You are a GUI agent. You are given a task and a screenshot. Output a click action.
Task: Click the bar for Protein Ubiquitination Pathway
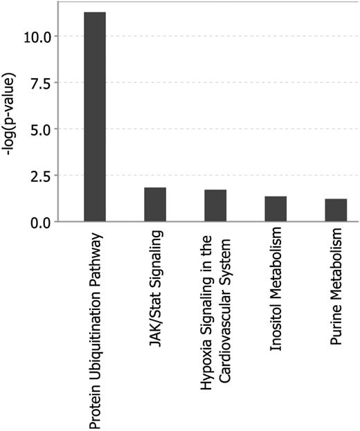pyautogui.click(x=95, y=118)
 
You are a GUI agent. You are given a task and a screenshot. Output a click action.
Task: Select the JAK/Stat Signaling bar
pyautogui.click(x=155, y=205)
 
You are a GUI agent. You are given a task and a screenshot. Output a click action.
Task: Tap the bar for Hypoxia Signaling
pyautogui.click(x=215, y=205)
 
